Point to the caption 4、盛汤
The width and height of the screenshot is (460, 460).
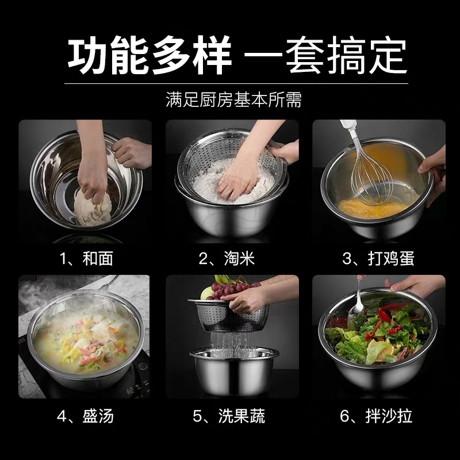coord(85,416)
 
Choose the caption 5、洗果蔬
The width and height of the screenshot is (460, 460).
coord(229,416)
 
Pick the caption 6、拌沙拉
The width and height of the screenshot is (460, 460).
coord(376,416)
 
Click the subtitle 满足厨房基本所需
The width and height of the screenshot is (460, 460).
coord(234,99)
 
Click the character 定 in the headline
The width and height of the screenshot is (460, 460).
coord(388,55)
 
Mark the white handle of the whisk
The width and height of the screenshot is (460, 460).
coord(350,129)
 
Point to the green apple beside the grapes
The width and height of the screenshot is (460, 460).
coord(206,293)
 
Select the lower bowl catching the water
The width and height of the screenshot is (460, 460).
coord(234,371)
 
